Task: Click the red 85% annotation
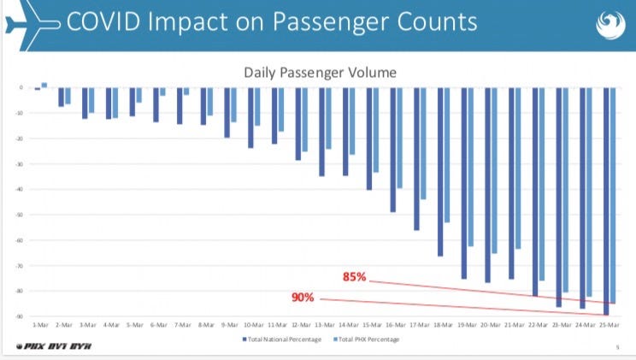[x=354, y=278]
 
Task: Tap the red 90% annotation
[x=303, y=298]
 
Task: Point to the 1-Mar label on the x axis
[x=40, y=326]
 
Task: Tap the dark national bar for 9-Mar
[x=227, y=112]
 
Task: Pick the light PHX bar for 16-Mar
[x=399, y=138]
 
